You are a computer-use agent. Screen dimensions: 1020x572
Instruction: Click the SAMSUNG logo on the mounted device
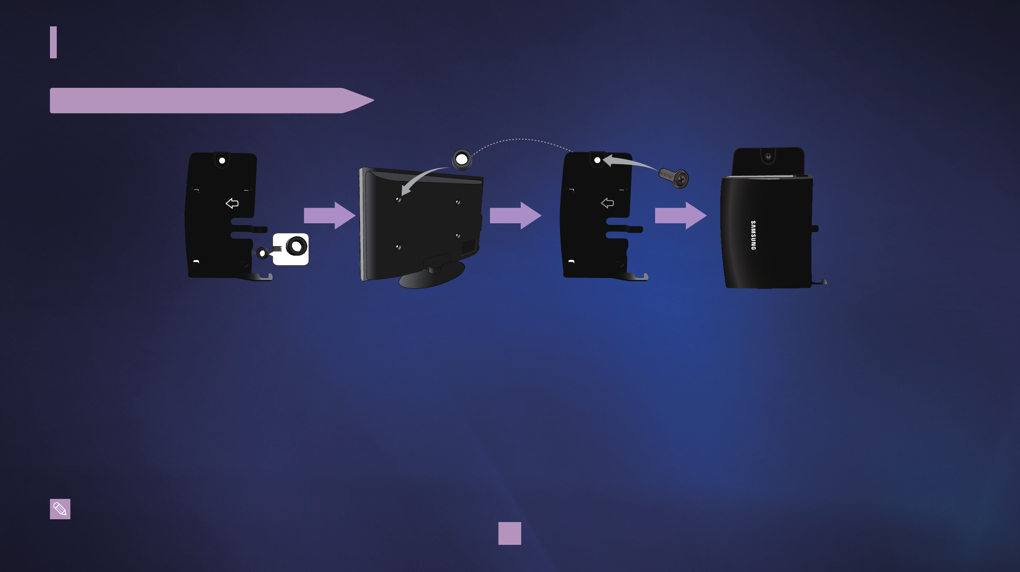[x=753, y=235]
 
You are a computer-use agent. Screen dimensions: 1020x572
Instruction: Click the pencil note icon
[x=60, y=509]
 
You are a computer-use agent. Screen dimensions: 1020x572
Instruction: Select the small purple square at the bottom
[x=510, y=533]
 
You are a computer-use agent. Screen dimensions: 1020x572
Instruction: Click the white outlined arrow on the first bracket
[x=232, y=203]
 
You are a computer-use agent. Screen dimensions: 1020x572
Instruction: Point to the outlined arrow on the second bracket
[x=607, y=203]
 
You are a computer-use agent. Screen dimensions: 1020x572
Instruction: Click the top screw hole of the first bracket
[x=222, y=161]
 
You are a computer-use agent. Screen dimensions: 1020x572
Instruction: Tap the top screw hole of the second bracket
[x=597, y=160]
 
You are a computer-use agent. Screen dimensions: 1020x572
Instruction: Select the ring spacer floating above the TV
[x=462, y=160]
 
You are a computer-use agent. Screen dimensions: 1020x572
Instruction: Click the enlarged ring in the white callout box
[x=297, y=246]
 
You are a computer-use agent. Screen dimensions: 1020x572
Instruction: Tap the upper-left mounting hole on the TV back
[x=398, y=199]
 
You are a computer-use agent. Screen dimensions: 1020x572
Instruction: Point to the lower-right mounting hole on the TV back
[x=458, y=236]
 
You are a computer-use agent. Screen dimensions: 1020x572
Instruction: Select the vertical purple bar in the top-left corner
[x=53, y=42]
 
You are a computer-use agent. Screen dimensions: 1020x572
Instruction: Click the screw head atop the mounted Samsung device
[x=768, y=156]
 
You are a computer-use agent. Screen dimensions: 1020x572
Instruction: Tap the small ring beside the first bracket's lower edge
[x=262, y=253]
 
